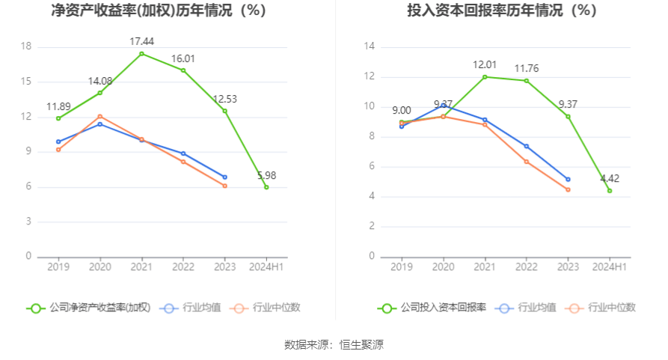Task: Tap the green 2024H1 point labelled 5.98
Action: pyautogui.click(x=266, y=187)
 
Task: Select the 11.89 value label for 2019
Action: pyautogui.click(x=58, y=106)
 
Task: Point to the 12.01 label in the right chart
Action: pyautogui.click(x=485, y=64)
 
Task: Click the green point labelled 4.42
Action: pyautogui.click(x=610, y=191)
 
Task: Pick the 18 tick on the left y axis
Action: pyautogui.click(x=26, y=46)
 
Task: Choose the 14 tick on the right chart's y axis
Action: pyautogui.click(x=369, y=46)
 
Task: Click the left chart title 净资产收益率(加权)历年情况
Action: pyautogui.click(x=158, y=11)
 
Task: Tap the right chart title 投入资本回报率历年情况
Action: pyautogui.click(x=491, y=11)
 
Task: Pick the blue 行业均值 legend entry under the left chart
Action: pyautogui.click(x=191, y=308)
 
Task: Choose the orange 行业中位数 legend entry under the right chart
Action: pyautogui.click(x=601, y=308)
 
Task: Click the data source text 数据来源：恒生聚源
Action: pyautogui.click(x=334, y=345)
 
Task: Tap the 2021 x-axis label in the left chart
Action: pyautogui.click(x=141, y=266)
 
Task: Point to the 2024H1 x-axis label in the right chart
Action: pyautogui.click(x=610, y=266)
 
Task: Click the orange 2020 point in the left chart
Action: pyautogui.click(x=100, y=116)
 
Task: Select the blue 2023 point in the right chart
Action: pyautogui.click(x=568, y=180)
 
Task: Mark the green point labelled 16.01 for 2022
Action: pyautogui.click(x=183, y=70)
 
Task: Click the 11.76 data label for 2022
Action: pyautogui.click(x=527, y=69)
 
